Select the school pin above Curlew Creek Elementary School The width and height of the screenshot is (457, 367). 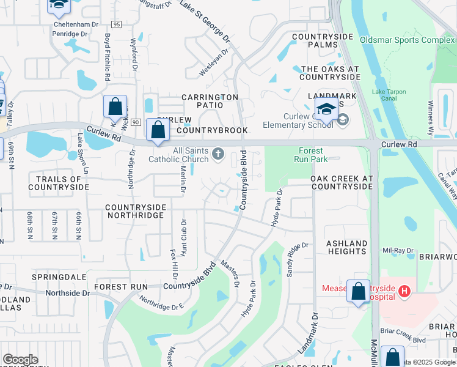pos(327,109)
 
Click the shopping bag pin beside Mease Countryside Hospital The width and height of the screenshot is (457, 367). pos(358,291)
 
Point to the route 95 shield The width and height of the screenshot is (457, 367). pos(117,24)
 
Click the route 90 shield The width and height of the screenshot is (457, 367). pos(136,123)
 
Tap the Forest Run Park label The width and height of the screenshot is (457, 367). pos(313,155)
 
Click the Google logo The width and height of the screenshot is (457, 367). pos(20,359)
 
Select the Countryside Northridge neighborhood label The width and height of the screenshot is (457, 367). pos(136,212)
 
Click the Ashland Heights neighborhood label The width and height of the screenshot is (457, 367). pos(347,247)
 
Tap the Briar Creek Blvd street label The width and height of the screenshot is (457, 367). pos(403,339)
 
